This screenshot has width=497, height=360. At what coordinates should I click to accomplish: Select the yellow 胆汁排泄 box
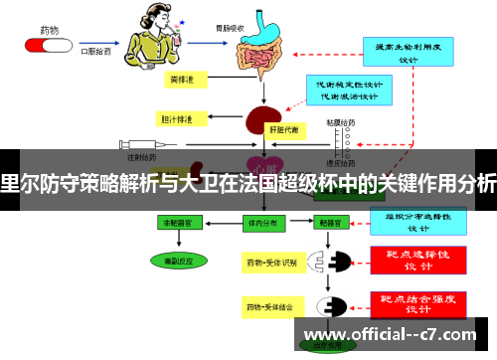click(x=179, y=118)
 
